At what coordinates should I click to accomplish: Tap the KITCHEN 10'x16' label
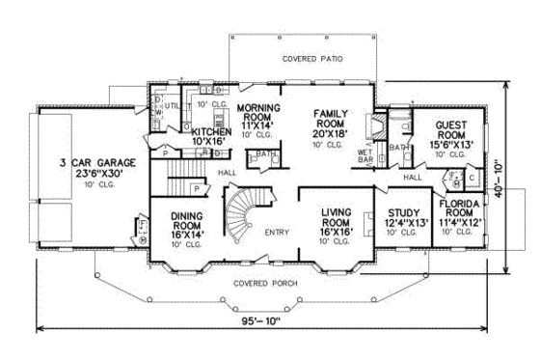[208, 136]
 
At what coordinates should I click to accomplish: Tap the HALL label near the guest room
[413, 178]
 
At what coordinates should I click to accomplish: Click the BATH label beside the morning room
[263, 154]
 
